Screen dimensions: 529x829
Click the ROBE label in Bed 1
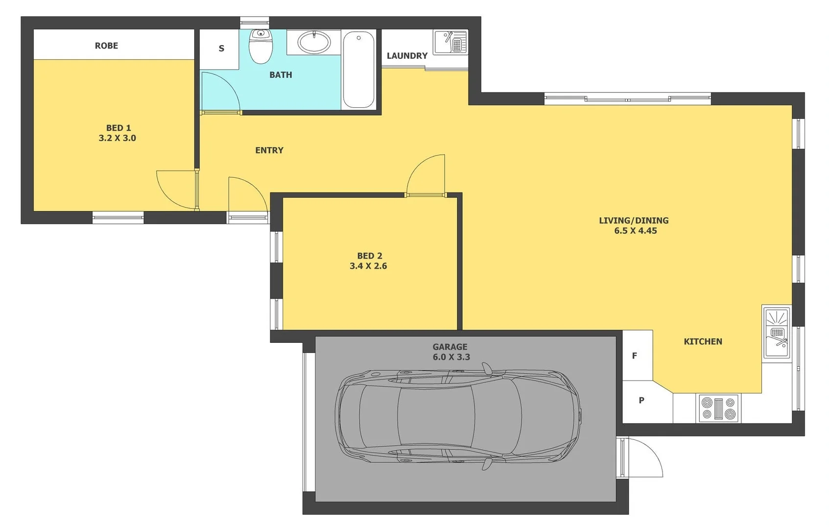coord(106,46)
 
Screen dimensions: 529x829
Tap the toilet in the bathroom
coord(261,46)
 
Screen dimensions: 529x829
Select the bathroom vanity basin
coord(314,42)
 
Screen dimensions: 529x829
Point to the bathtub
coord(358,69)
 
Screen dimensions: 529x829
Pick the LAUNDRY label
coord(407,56)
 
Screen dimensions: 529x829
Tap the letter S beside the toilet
coord(221,48)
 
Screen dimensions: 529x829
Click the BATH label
coord(281,75)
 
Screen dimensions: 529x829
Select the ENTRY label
coord(269,150)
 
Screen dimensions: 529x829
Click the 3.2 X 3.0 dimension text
coord(118,138)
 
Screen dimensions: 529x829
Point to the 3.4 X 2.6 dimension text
coord(368,266)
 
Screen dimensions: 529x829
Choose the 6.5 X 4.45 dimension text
coord(636,231)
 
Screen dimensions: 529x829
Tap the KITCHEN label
coord(703,341)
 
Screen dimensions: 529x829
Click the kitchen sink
coord(777,333)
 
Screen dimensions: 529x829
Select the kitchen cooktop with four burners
coord(718,408)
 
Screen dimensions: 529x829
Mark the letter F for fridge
coord(635,356)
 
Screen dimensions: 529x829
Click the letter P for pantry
coord(641,400)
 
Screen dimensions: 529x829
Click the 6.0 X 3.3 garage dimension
coord(451,357)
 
